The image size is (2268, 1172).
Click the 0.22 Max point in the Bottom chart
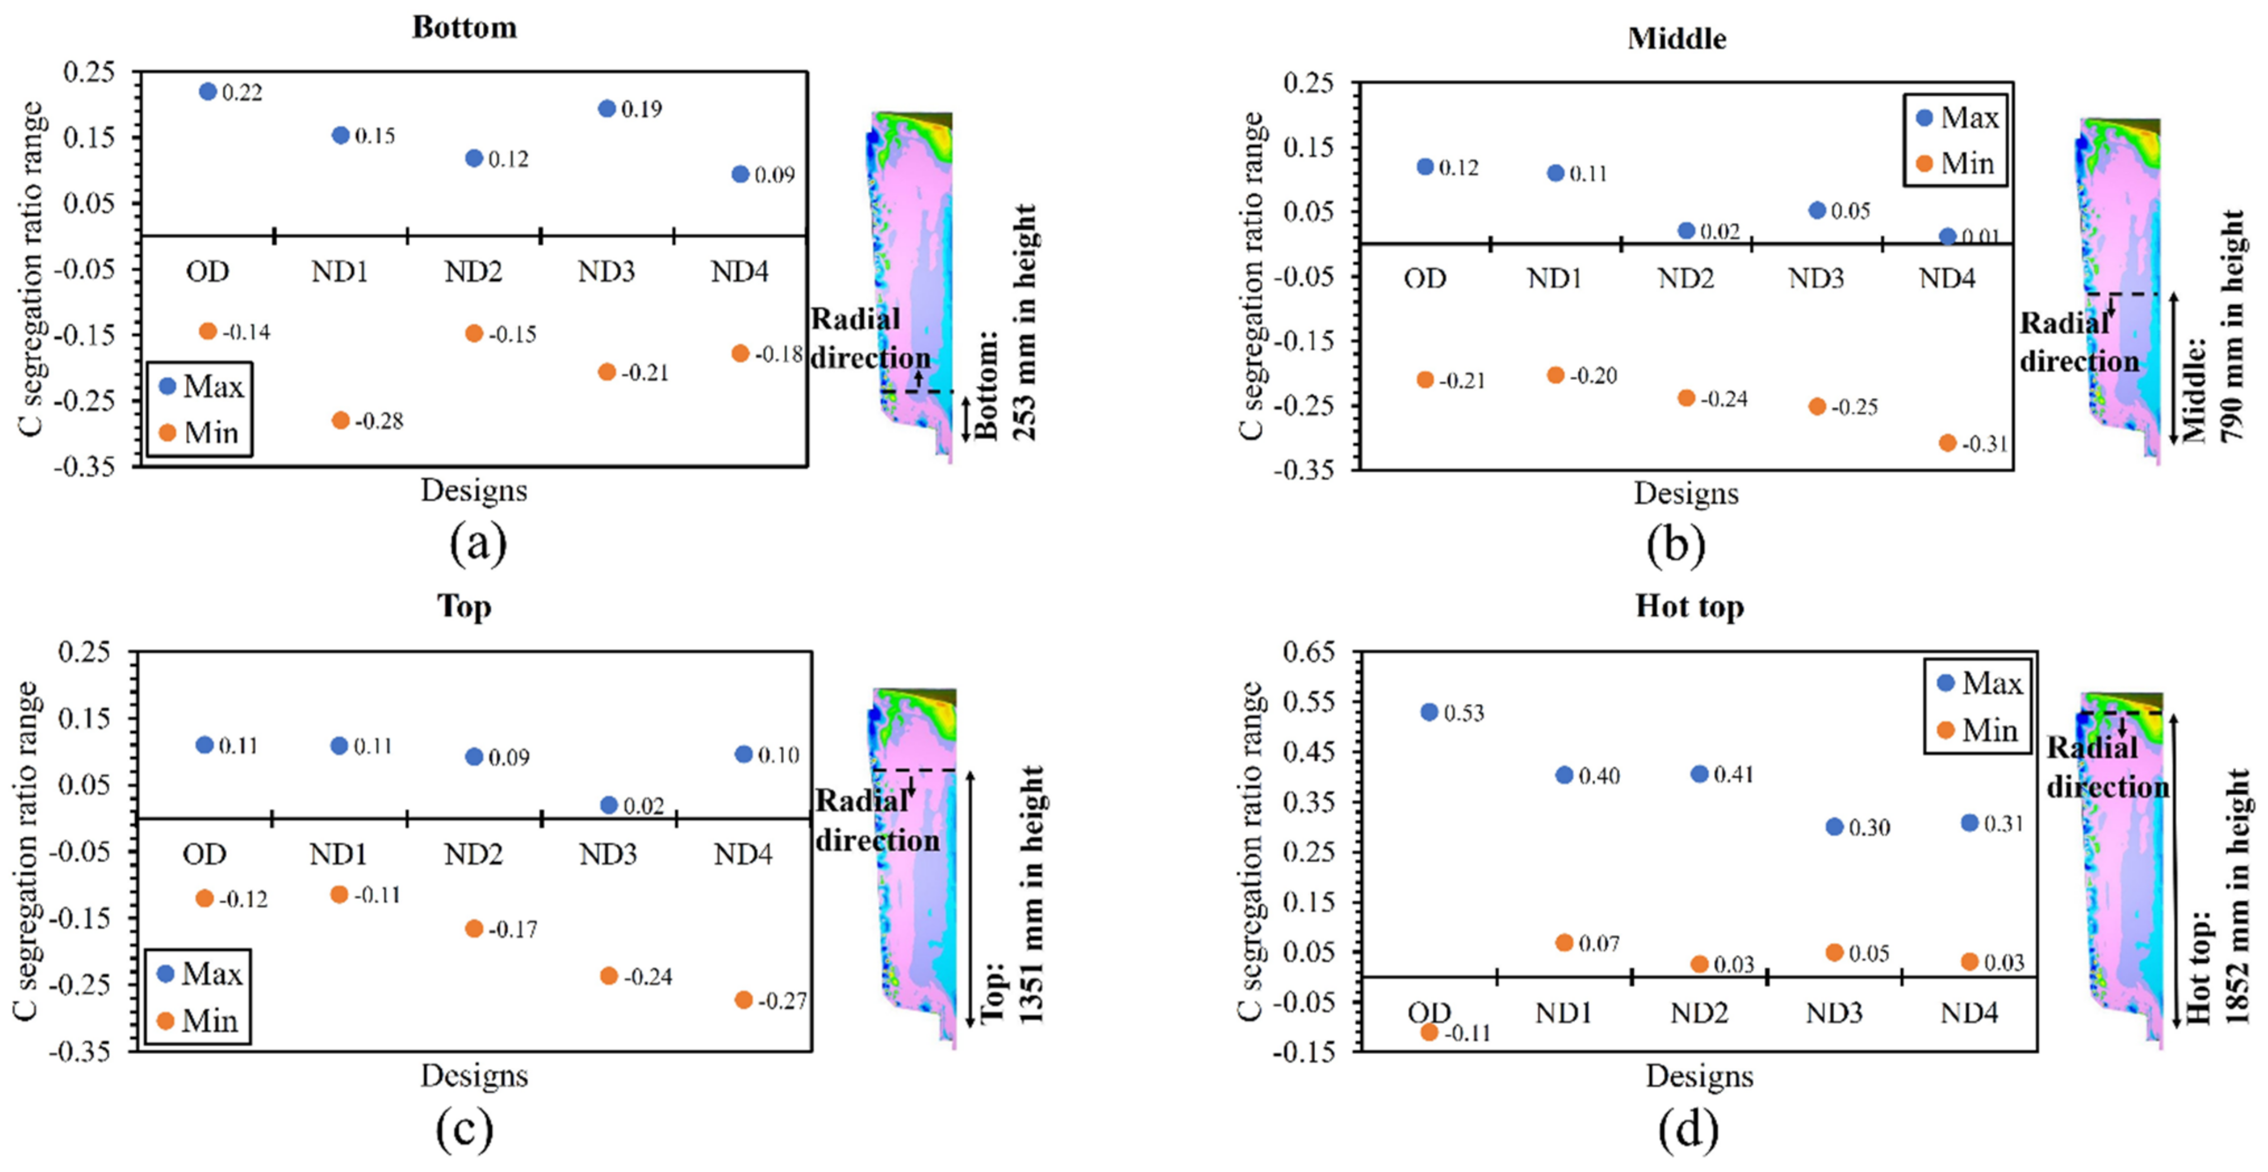click(208, 92)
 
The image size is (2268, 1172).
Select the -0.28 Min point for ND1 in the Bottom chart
click(341, 420)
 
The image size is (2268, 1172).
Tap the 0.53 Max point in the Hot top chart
click(1429, 712)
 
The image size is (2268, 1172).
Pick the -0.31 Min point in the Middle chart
click(1948, 443)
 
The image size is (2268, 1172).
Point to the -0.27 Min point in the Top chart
click(744, 1000)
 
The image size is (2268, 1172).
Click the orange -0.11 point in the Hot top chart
click(1429, 1032)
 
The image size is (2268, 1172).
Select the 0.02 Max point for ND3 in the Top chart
click(608, 805)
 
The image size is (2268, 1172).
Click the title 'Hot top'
click(1689, 607)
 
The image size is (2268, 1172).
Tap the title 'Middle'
click(1676, 39)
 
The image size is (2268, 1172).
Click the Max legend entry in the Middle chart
click(1957, 117)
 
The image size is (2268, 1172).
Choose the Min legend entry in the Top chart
click(198, 1021)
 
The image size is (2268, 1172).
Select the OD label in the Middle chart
click(1425, 278)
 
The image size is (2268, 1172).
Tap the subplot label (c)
click(464, 1129)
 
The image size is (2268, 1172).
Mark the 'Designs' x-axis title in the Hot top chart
click(1699, 1076)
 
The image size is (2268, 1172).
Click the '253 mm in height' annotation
click(1025, 322)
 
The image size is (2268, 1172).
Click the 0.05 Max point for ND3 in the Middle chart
click(1817, 210)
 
